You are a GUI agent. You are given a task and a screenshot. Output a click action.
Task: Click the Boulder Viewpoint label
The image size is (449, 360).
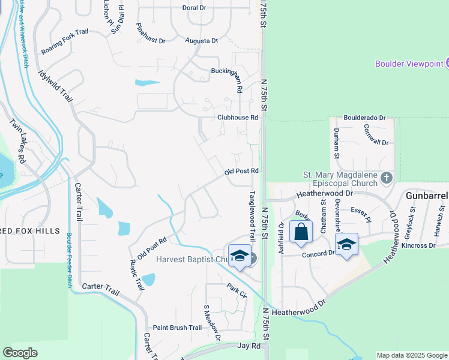pos(409,64)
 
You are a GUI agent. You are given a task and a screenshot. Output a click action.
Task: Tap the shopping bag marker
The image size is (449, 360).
pos(301,232)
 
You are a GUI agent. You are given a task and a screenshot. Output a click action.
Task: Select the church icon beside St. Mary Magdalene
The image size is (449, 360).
pos(386,177)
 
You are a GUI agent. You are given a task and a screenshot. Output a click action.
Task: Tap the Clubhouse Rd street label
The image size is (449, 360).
pos(238,118)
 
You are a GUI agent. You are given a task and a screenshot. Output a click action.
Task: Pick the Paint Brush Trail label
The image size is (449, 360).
pos(177,328)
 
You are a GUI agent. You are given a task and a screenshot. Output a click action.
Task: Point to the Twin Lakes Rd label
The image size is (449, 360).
pos(17,140)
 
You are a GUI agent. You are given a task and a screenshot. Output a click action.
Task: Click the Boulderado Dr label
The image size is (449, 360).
pos(364,118)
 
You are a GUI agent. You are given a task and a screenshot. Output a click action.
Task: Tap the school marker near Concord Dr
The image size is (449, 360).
pos(346,244)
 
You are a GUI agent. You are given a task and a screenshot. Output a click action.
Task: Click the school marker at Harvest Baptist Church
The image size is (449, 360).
pos(240,256)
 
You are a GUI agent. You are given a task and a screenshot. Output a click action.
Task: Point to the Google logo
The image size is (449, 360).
pos(20,353)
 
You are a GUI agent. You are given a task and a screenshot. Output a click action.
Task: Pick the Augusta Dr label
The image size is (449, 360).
pos(202,41)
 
